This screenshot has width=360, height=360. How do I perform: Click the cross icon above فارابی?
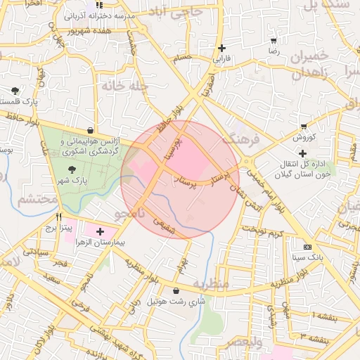223,48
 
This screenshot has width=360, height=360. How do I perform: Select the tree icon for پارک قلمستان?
15,91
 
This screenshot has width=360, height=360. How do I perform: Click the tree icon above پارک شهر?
72,169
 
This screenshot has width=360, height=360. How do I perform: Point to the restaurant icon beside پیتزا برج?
60,217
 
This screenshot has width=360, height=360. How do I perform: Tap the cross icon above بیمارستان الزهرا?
100,231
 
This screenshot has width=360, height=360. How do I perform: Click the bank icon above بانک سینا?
307,247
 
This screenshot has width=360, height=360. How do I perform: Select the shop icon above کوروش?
303,127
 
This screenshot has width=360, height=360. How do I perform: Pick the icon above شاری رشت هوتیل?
175,290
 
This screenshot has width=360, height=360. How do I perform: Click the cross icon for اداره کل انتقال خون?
302,153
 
